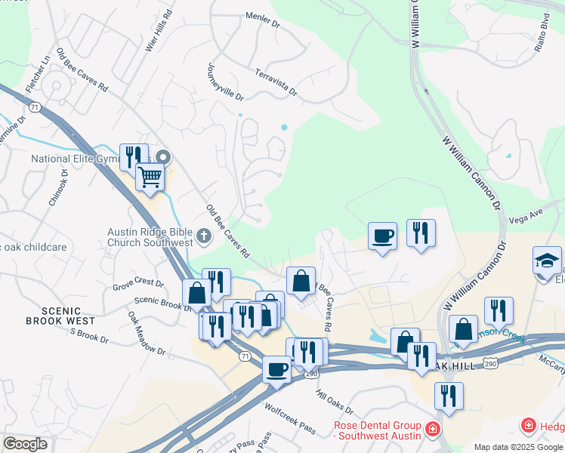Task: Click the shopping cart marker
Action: (x=150, y=177)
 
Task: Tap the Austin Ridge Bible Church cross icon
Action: (x=203, y=237)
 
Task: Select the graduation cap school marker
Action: (x=547, y=261)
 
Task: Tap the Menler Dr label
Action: (x=263, y=20)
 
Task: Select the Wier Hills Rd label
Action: (x=158, y=31)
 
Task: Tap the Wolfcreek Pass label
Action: (x=290, y=418)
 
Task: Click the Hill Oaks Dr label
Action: (x=335, y=402)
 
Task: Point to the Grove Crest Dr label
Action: (x=138, y=283)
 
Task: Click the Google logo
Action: (x=25, y=443)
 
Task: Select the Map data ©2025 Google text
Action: (x=518, y=447)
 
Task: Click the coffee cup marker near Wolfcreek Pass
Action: (x=277, y=370)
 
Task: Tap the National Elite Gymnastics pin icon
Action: (x=162, y=159)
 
